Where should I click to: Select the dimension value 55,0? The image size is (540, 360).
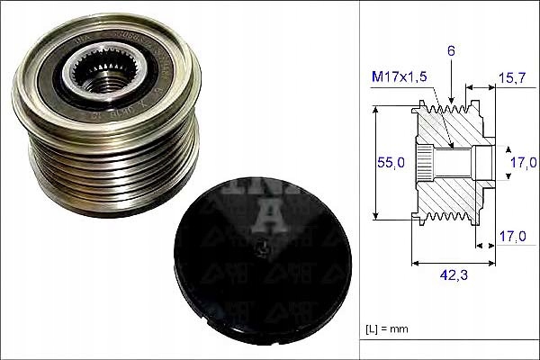click(x=389, y=163)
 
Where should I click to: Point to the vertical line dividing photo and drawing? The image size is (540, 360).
click(x=358, y=180)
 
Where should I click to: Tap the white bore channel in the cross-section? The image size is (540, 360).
click(x=454, y=162)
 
